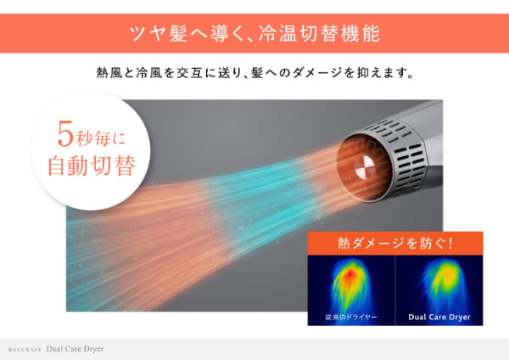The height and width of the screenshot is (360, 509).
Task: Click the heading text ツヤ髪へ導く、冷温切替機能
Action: pos(255,33)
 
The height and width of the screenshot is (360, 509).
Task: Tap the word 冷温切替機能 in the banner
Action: pos(319,33)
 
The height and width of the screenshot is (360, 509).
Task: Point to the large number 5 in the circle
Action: pos(65,134)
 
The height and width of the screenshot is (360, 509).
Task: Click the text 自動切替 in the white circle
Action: pos(92,166)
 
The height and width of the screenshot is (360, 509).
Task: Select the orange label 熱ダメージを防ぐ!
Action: pos(395,243)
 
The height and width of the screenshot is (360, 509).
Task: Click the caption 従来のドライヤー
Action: pos(351,317)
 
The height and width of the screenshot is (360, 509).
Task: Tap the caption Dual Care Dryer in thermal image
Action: pos(439,317)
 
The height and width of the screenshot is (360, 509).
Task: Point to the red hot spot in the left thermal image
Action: pos(350,274)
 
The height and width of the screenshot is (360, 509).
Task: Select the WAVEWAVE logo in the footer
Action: pos(25,351)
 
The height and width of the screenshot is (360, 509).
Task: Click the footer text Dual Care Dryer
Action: pos(75,349)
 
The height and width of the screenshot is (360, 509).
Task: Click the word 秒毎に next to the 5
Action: pos(100,139)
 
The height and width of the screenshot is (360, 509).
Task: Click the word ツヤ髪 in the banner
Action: pos(159,33)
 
